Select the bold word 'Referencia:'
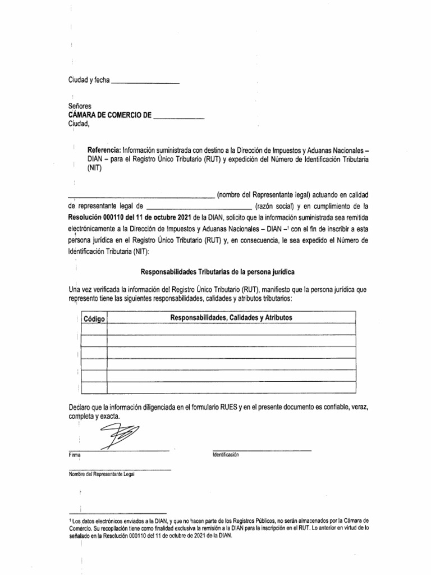pos(104,151)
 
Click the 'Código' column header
pos(94,319)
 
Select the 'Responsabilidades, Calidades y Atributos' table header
pos(231,318)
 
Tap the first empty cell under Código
pos(94,329)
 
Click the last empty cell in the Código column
pos(94,387)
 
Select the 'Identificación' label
pos(226,454)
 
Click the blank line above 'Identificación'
pos(262,449)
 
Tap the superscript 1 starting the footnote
pos(68,521)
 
